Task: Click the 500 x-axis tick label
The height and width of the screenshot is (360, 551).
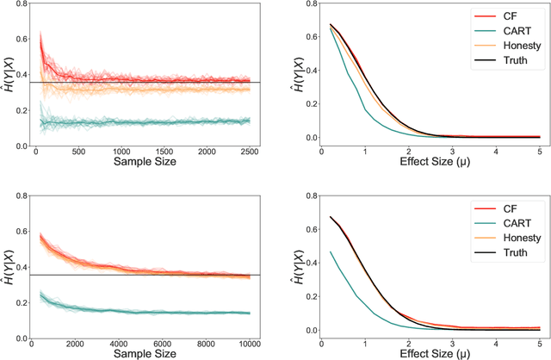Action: tap(77, 150)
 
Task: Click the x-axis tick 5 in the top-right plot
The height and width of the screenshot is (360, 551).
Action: tap(540, 150)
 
